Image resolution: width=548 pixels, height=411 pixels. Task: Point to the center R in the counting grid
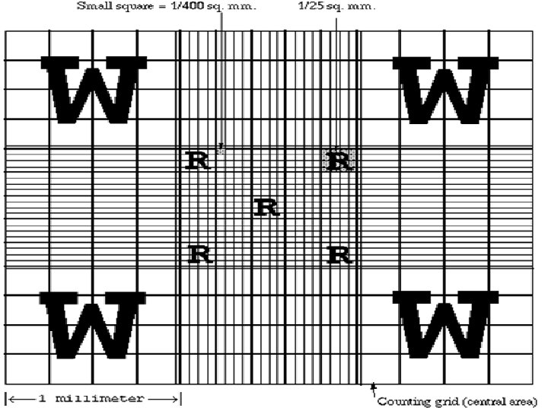pos(266,207)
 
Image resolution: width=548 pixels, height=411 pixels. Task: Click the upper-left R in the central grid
pos(197,161)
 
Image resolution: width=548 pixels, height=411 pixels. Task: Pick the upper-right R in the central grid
pos(339,161)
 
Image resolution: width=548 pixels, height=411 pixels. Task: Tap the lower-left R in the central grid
pos(199,253)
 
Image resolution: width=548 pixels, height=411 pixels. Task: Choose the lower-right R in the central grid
pos(339,254)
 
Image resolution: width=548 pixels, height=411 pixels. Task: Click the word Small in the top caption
pos(94,6)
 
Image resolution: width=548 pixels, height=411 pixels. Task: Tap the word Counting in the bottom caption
pos(403,401)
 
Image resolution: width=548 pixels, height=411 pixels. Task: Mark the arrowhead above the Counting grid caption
pos(372,388)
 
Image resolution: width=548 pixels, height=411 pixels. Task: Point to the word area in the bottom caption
pos(524,402)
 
